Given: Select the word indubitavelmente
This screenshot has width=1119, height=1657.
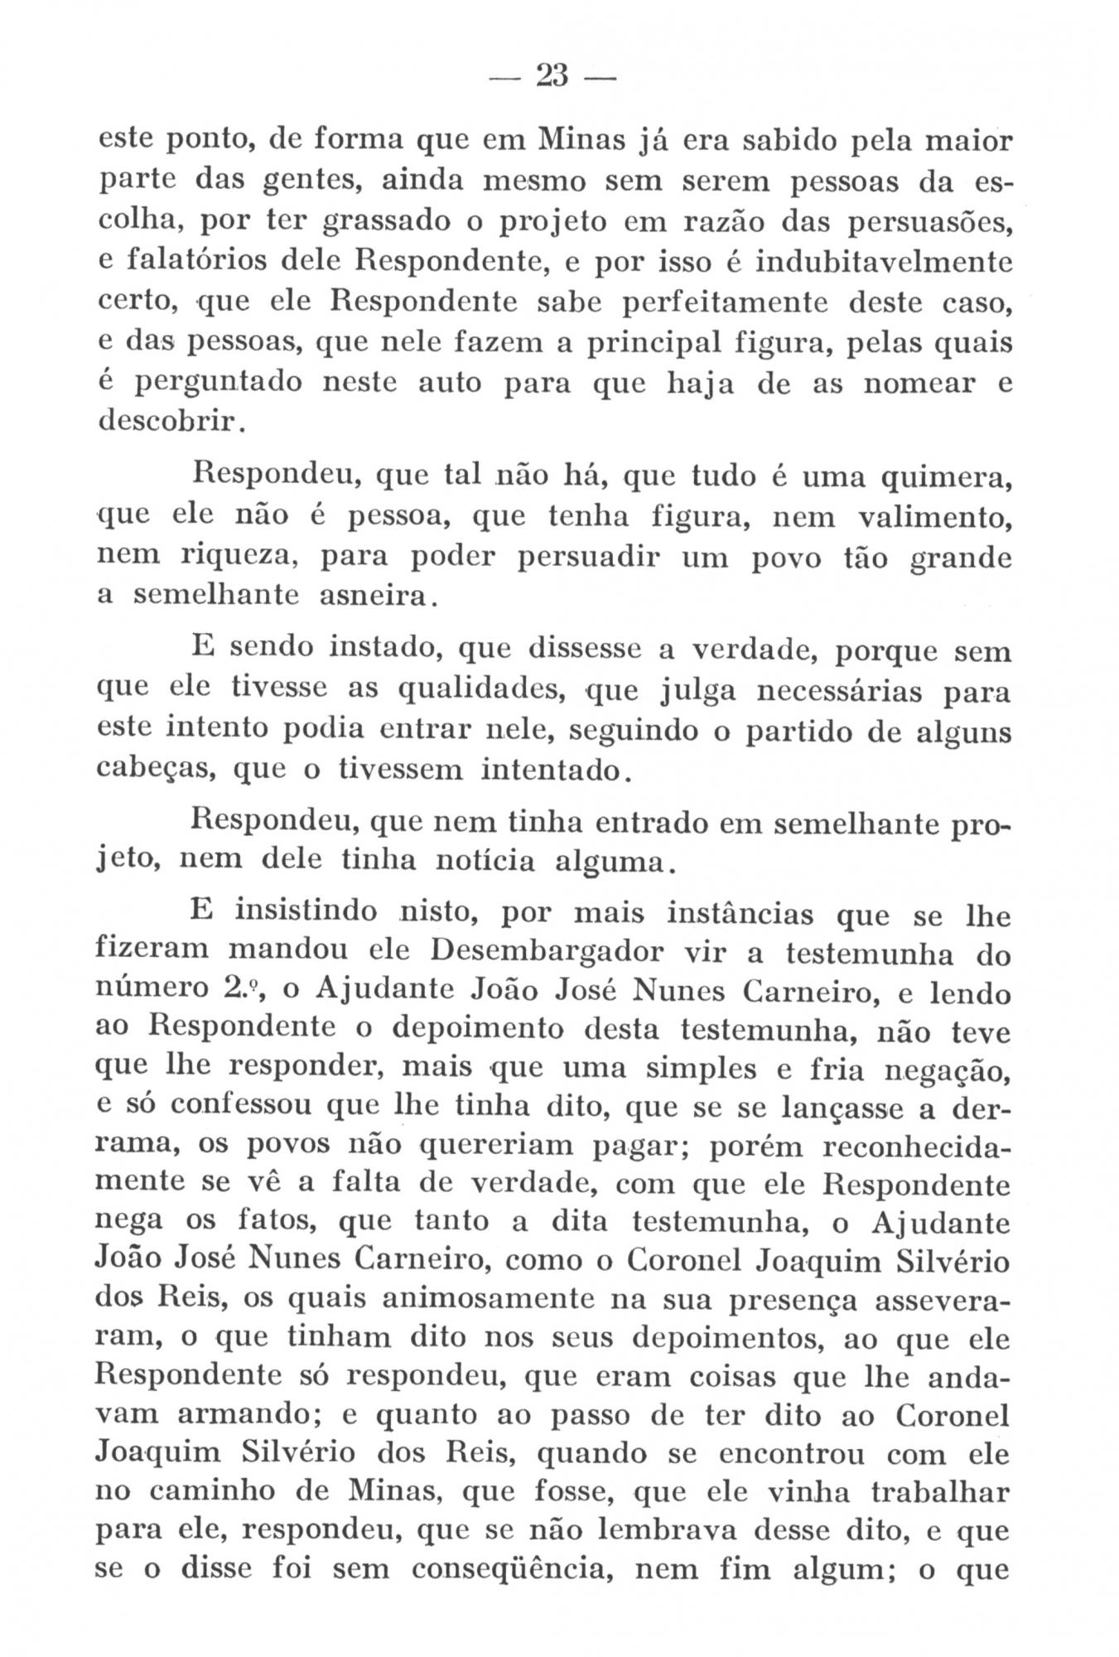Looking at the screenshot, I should tap(874, 263).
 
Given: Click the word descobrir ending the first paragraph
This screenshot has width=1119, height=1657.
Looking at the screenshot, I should tap(169, 423).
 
